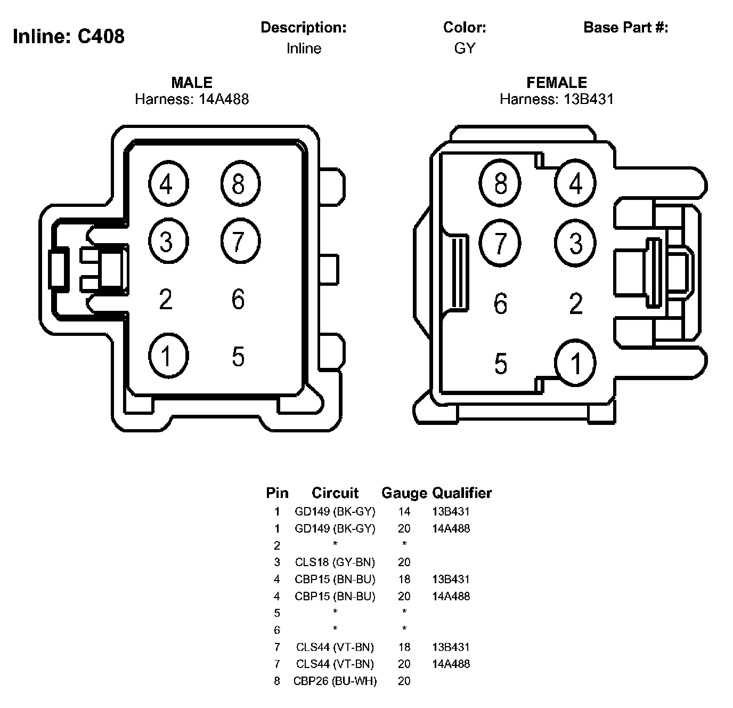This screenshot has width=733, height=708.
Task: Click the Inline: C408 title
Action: tap(69, 37)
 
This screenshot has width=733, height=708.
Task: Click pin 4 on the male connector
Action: tap(168, 183)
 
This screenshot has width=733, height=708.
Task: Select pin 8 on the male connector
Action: tap(240, 183)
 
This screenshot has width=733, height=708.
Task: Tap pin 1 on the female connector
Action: tap(575, 363)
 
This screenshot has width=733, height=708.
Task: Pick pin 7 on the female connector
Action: tap(500, 243)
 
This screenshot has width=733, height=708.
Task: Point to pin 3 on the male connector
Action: tap(168, 241)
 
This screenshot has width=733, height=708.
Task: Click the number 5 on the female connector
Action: tap(500, 364)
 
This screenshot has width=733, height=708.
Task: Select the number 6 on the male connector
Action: tap(238, 299)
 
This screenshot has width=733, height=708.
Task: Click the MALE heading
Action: tap(192, 83)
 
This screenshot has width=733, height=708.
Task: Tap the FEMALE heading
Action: tap(556, 83)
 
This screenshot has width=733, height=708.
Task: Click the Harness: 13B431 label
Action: tap(556, 99)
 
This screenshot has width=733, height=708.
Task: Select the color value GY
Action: tap(465, 49)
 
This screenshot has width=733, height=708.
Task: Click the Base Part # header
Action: tap(625, 28)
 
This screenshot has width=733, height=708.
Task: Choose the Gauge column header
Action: tap(404, 493)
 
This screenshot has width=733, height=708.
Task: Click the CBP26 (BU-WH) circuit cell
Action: tap(335, 681)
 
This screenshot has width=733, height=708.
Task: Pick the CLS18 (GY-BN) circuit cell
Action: tap(335, 562)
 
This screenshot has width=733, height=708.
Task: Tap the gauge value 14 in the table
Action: tap(404, 512)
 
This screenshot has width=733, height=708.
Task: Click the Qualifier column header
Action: tap(462, 493)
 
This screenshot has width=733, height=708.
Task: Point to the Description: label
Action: tap(304, 28)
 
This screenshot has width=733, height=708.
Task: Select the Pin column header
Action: tap(277, 493)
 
